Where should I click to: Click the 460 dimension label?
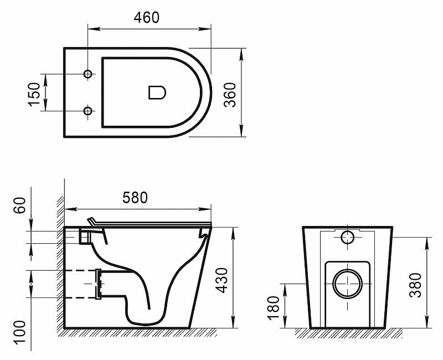pos(147,17)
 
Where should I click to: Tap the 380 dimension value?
pos(416,284)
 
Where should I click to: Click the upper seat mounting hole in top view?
pos(87,74)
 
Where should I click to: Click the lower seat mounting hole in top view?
pos(87,111)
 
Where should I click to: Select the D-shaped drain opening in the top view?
pos(158,92)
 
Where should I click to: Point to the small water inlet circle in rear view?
pos(347,238)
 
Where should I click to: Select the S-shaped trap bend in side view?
pos(138,302)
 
